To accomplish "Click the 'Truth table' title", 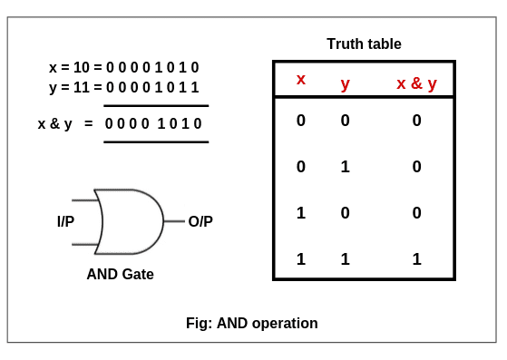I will (364, 44).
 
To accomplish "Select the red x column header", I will (301, 80).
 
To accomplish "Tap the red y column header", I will (345, 83).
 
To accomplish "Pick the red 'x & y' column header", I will (416, 83).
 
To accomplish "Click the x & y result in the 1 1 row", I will (416, 259).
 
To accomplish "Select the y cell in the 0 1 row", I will (345, 167).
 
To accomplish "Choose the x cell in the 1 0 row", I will (301, 213).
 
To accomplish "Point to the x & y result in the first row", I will (416, 121).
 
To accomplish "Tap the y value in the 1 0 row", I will (345, 213).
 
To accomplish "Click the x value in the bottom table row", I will (301, 259).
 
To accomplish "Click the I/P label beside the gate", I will (66, 221).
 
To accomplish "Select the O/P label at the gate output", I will (200, 221).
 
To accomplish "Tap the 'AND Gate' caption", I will (121, 274).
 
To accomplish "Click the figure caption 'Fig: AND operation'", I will (252, 323).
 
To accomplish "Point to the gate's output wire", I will (174, 221).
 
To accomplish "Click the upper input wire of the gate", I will (84, 199).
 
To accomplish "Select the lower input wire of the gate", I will (84, 244).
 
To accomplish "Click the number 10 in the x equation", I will (82, 67).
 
